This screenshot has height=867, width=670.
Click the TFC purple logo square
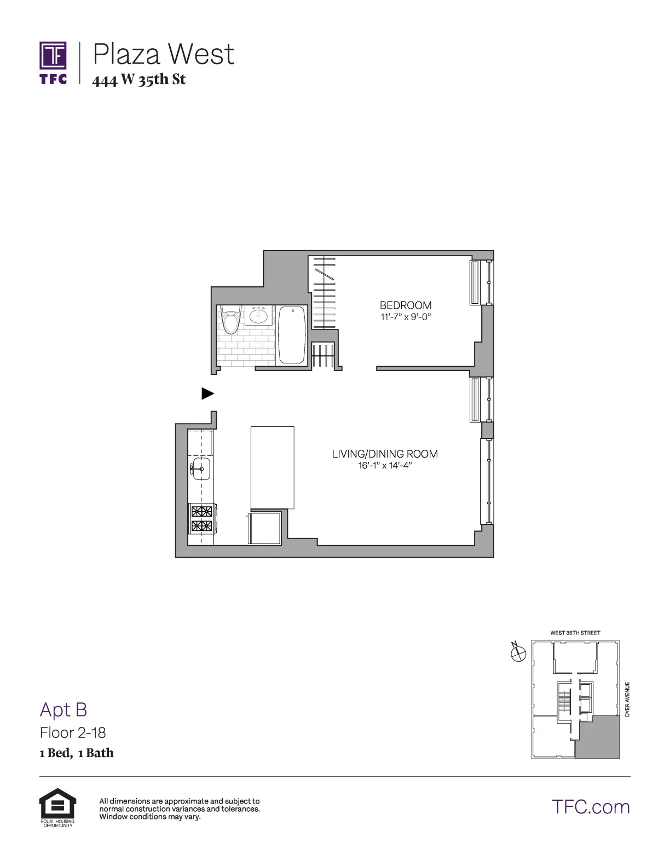point(53,56)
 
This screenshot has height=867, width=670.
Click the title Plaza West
point(164,54)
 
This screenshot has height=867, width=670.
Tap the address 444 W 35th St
point(139,80)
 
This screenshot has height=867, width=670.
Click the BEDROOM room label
point(406,305)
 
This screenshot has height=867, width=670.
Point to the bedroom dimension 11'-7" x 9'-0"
point(406,317)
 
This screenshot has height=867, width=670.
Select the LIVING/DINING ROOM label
point(385,454)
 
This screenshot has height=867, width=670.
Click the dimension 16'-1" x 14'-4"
point(385,466)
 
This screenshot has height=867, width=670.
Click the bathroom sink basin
point(258,316)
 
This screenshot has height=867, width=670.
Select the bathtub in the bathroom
point(292,334)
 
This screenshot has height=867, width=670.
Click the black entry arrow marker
point(207,393)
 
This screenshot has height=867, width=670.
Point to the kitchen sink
point(200,469)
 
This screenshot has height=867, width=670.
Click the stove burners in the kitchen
point(201,519)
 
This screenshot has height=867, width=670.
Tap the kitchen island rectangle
point(272,468)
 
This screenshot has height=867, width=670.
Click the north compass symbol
point(518,652)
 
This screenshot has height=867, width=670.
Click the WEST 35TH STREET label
point(575,633)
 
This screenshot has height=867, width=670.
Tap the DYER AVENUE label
point(627,699)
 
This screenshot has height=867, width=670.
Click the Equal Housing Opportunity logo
point(57,807)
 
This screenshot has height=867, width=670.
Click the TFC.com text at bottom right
point(591,807)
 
